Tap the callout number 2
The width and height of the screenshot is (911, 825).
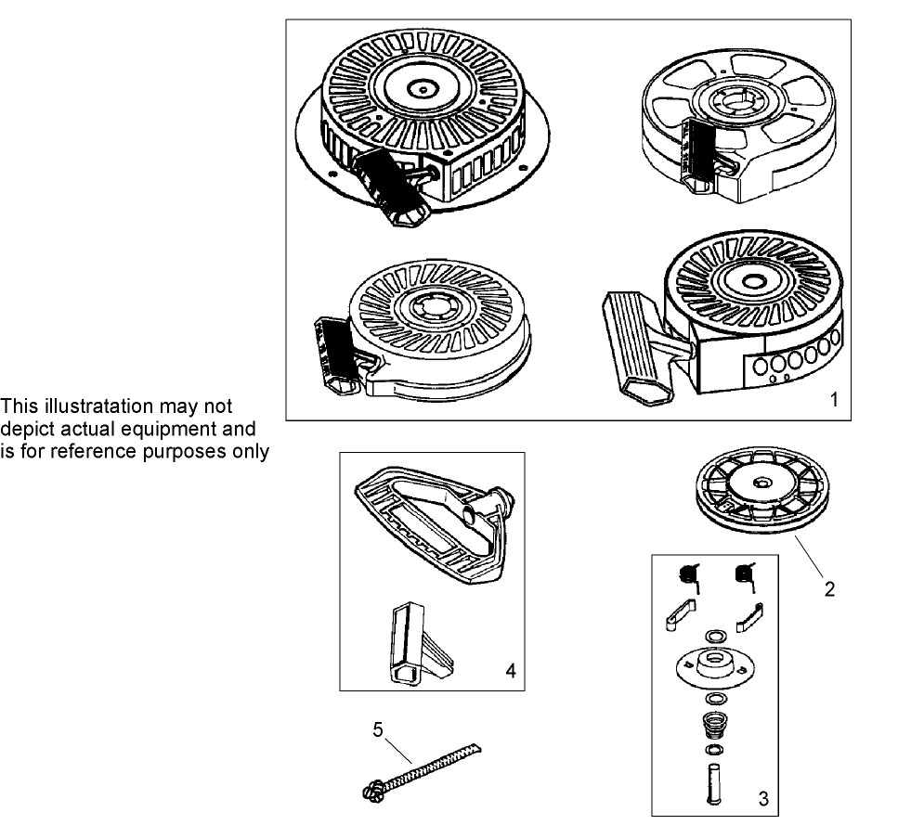(829, 588)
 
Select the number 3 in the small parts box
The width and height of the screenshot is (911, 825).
(762, 797)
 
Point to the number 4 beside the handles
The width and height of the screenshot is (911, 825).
(510, 668)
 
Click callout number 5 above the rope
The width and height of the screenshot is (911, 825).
(378, 729)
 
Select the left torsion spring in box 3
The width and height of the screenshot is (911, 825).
(689, 576)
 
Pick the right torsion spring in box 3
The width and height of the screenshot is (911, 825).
(745, 576)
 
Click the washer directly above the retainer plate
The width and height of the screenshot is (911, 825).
(715, 637)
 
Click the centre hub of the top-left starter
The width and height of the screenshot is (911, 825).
(423, 90)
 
